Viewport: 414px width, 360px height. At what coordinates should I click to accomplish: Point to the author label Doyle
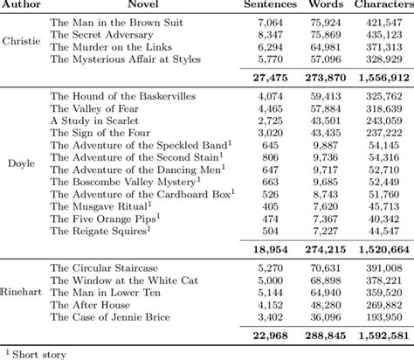(x=21, y=162)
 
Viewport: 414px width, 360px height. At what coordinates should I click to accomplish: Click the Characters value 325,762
(x=383, y=94)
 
